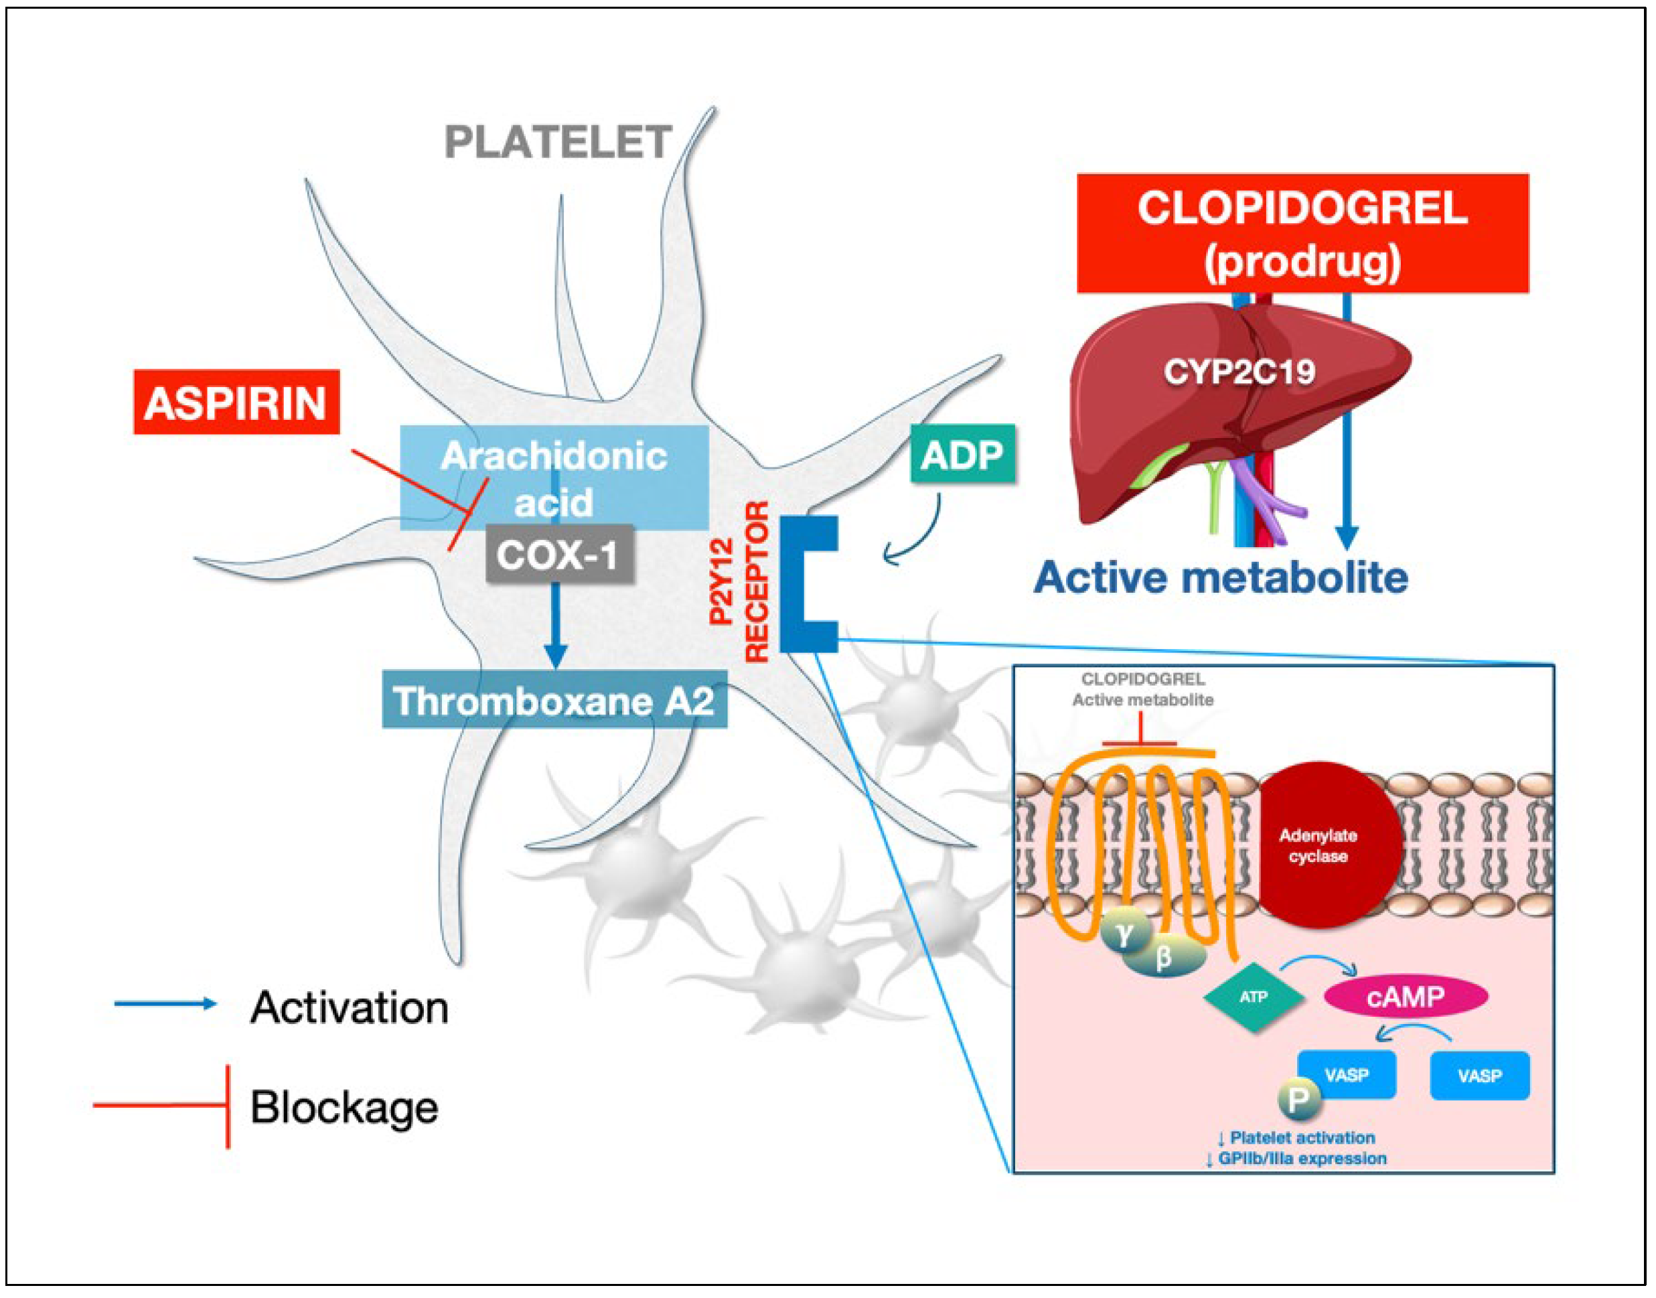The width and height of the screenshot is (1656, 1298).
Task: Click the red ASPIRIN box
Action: pos(236,403)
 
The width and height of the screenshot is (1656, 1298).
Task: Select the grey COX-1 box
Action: pos(560,554)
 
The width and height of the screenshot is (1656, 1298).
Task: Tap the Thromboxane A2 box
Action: pos(554,699)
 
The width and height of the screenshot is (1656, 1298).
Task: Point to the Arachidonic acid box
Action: pos(554,478)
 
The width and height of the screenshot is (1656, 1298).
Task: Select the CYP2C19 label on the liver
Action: pos(1239,372)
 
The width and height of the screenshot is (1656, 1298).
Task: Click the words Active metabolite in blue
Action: pos(1221,577)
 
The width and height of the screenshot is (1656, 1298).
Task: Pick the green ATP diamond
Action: pos(1254,997)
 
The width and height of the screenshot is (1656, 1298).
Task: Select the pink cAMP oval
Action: pos(1406,997)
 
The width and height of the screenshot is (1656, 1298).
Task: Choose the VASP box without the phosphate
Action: pos(1480,1076)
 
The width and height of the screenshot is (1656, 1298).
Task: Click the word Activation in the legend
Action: pos(350,1009)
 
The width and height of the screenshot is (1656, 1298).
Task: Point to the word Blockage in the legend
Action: pos(344,1108)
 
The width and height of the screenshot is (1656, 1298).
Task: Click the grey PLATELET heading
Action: pos(558,142)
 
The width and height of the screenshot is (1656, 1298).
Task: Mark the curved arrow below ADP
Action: pos(928,536)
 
